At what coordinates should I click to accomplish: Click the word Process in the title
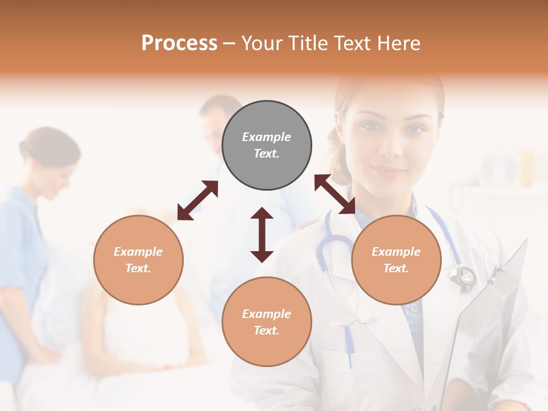[179, 43]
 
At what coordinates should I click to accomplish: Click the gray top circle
[267, 145]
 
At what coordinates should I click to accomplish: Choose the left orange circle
[138, 260]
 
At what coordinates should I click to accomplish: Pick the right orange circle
[396, 260]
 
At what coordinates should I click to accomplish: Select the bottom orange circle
[267, 321]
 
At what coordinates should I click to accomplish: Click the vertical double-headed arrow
[262, 235]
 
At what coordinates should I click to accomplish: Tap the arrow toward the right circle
[335, 194]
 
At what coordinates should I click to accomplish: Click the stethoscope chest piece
[464, 276]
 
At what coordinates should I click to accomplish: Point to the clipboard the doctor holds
[491, 308]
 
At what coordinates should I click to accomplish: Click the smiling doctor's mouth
[388, 171]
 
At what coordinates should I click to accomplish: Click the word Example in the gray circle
[267, 137]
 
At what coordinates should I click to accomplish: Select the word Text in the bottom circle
[267, 331]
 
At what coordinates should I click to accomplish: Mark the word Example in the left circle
[138, 252]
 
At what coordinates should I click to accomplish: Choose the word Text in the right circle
[396, 268]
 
